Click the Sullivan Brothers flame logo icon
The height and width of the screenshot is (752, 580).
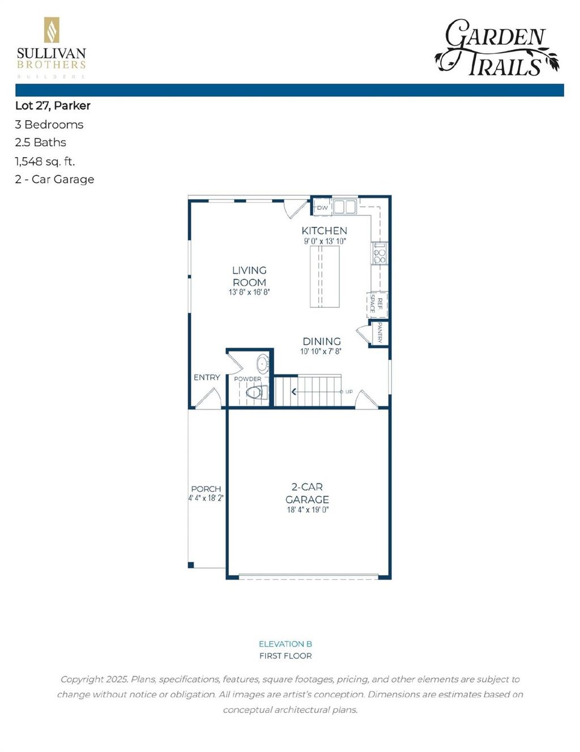click(x=52, y=30)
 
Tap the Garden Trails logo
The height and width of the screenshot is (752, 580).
click(x=497, y=48)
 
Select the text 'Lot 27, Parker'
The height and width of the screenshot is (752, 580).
click(x=53, y=105)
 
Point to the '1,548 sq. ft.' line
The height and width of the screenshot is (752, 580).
click(x=45, y=161)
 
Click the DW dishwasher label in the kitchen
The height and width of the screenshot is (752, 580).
click(x=322, y=208)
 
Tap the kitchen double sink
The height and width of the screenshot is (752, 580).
click(x=344, y=206)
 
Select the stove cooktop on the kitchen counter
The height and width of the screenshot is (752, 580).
click(x=379, y=253)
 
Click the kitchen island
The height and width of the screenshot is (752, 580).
click(x=325, y=277)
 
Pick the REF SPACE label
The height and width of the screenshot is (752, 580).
click(x=377, y=304)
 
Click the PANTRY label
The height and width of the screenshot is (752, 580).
click(x=379, y=332)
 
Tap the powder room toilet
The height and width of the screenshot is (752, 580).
click(x=257, y=392)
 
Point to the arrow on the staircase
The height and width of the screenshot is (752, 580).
click(x=293, y=391)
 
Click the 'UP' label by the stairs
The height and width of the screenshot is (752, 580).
click(x=349, y=392)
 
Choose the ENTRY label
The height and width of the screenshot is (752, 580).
click(x=207, y=377)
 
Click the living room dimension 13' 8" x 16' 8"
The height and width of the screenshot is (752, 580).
click(x=249, y=293)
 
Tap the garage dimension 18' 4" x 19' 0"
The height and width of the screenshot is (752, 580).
click(x=308, y=510)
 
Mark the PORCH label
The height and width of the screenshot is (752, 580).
click(x=206, y=488)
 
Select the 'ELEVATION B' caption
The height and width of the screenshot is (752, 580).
click(x=285, y=644)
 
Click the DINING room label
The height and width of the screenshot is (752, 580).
click(x=321, y=341)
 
